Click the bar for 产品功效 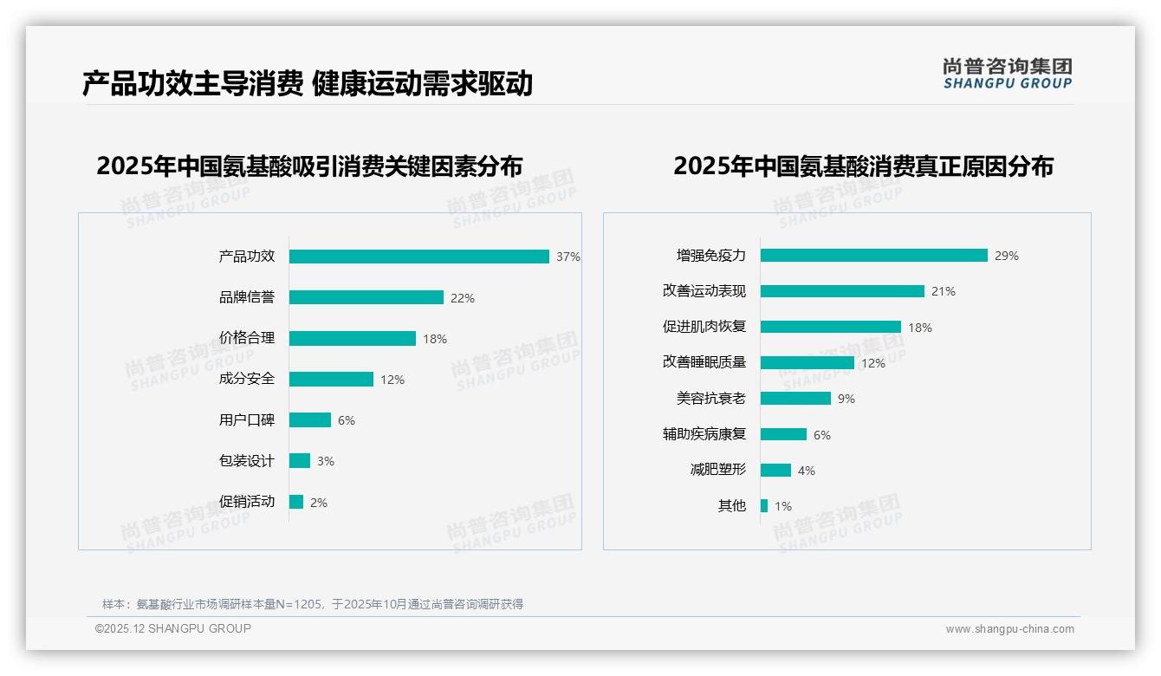pos(418,257)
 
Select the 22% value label pos(462,298)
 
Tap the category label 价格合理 pos(246,338)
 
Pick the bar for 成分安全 pos(331,380)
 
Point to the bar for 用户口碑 pos(309,420)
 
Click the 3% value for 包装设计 pos(325,461)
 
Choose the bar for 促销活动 pos(296,502)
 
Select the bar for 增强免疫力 pos(873,256)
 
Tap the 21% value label pos(943,292)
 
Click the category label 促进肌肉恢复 pos(704,327)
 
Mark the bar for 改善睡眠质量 pos(807,363)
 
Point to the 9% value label pos(846,399)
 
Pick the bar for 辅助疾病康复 pos(783,434)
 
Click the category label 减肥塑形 pos(717,470)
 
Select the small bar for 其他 pos(764,506)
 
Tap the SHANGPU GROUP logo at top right pos(1007,74)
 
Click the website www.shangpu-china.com pos(1009,629)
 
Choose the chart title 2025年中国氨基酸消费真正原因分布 pos(863,166)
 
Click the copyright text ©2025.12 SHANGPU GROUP pos(173,628)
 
